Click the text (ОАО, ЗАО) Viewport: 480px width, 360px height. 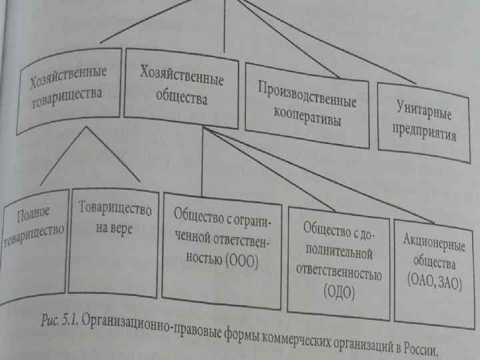coord(434,280)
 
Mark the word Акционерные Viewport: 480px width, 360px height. coord(435,237)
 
